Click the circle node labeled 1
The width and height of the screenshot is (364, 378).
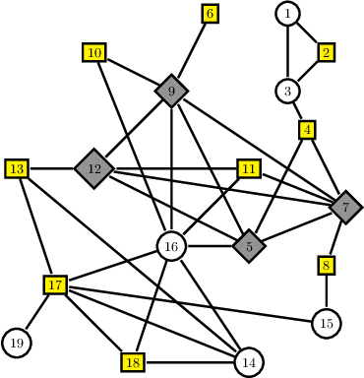pos(286,14)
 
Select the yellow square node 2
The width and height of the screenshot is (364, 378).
pos(327,52)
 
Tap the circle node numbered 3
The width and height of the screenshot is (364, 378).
pos(287,92)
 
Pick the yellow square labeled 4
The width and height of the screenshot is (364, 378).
pos(307,129)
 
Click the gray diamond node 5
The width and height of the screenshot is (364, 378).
pos(250,246)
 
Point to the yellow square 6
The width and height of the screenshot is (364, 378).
pos(210,14)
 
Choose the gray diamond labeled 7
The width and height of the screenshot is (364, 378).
pos(345,208)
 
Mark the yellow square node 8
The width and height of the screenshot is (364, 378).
pos(327,265)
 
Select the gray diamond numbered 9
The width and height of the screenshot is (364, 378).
pos(171,92)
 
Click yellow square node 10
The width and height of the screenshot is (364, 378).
pos(93,53)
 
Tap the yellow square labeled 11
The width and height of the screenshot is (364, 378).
pos(249,169)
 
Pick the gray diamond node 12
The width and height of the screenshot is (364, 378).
pos(94,169)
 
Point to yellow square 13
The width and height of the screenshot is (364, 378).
pos(17,169)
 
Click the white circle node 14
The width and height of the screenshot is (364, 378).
pos(249,362)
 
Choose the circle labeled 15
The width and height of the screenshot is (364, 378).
pos(327,323)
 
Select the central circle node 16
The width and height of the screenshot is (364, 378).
pos(171,246)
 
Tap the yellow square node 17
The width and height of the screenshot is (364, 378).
pos(56,285)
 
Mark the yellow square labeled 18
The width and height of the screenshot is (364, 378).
pos(133,362)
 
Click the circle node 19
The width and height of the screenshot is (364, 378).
pos(17,343)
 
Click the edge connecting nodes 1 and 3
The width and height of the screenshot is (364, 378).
pos(286,52)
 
